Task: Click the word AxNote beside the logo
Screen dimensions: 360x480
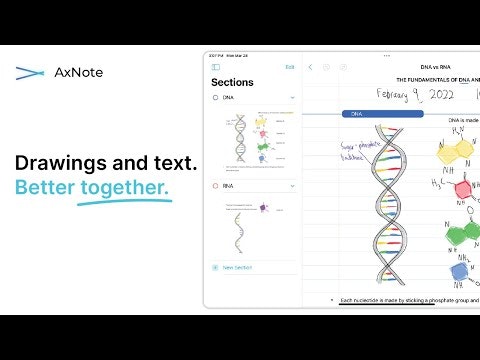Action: (x=80, y=72)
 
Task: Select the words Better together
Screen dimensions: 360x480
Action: (x=92, y=187)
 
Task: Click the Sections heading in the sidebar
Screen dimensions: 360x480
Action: (x=232, y=82)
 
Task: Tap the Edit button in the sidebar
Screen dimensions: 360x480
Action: (x=290, y=67)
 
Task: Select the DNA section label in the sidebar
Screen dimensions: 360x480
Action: (x=228, y=98)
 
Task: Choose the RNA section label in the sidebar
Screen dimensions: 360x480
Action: (x=228, y=186)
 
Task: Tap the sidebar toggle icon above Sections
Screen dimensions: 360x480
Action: (x=216, y=67)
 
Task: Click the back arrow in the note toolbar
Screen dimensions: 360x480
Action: (x=311, y=67)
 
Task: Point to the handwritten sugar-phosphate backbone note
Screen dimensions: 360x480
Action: (x=332, y=154)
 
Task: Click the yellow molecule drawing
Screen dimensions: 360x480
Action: (x=455, y=156)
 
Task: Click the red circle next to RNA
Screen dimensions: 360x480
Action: (x=216, y=186)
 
